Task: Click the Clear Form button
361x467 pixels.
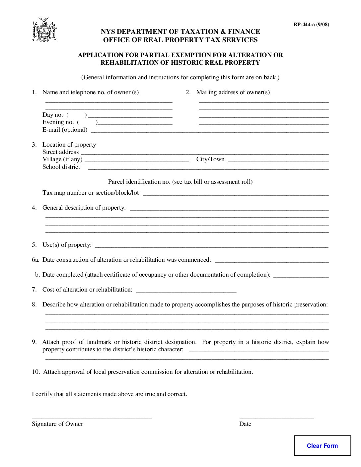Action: (x=322, y=445)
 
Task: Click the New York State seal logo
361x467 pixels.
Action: (x=44, y=30)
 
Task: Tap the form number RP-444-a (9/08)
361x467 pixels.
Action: (x=311, y=24)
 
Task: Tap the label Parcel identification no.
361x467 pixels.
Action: (x=139, y=182)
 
